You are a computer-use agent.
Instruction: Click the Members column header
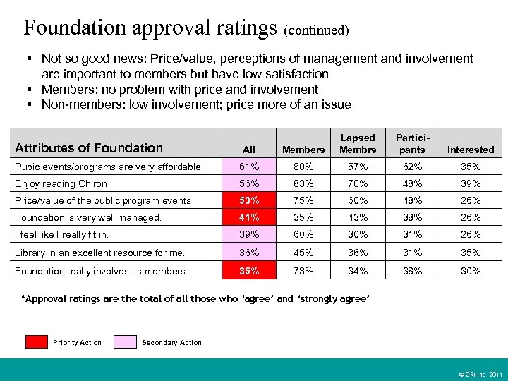[x=303, y=150]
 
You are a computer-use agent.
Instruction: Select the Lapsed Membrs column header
[x=358, y=144]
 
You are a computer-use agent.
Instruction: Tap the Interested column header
[x=471, y=150]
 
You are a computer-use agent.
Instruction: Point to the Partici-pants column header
[x=412, y=144]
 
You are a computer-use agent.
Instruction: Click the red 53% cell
[x=248, y=200]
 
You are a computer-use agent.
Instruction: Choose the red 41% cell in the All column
[x=248, y=218]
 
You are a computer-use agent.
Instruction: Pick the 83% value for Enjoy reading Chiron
[x=303, y=183]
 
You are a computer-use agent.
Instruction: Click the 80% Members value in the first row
[x=303, y=167]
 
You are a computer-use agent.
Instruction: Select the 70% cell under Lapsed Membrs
[x=358, y=183]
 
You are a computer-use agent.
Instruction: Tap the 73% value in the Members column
[x=303, y=271]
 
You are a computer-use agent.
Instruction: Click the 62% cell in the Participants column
[x=412, y=167]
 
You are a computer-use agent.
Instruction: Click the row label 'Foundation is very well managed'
[x=88, y=218]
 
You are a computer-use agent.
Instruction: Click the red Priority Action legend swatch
[x=36, y=342]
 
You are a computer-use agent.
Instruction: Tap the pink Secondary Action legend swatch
[x=125, y=342]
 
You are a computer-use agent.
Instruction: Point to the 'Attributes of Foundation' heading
[x=89, y=147]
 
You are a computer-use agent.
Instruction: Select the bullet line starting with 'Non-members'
[x=195, y=104]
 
